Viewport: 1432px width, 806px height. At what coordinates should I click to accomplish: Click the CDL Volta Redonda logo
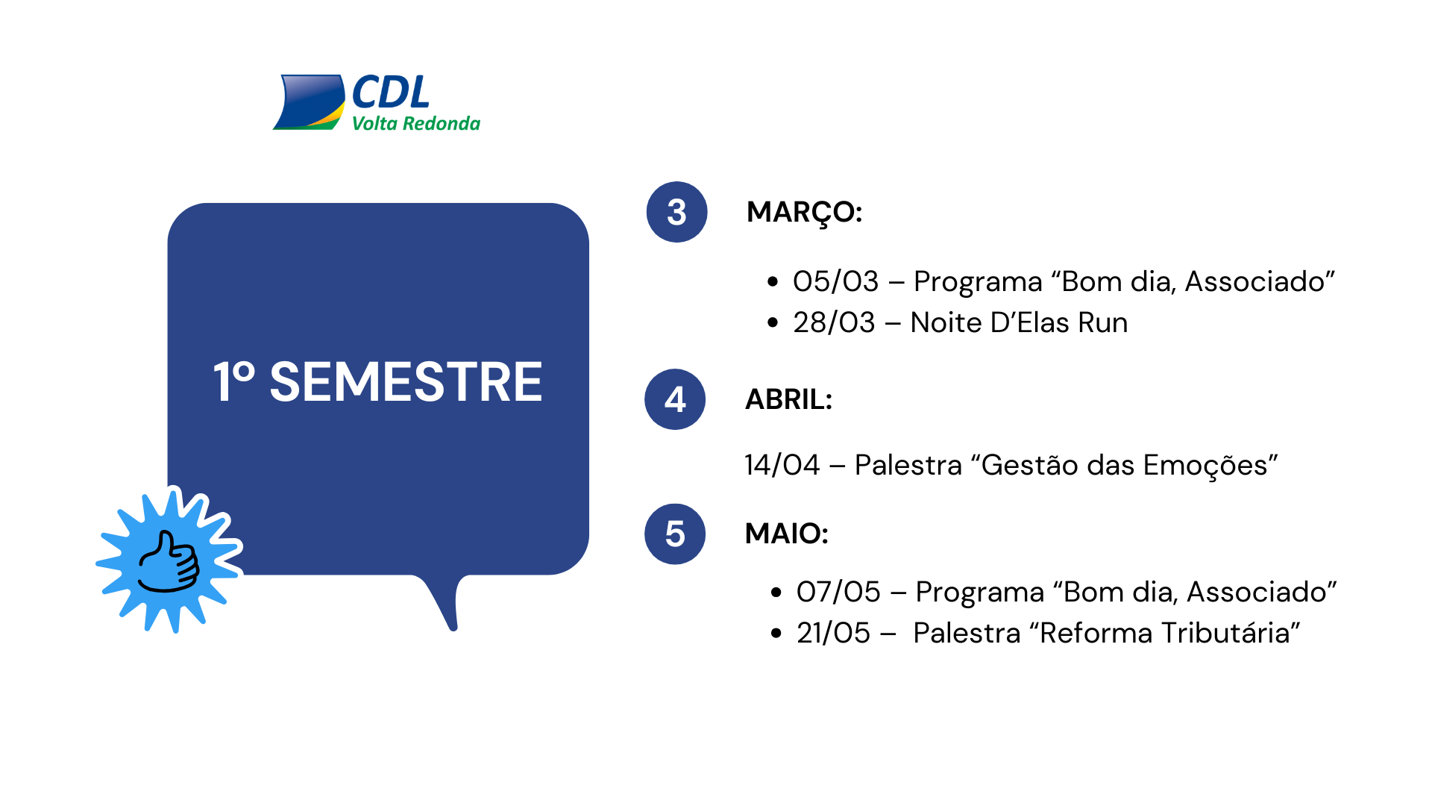pos(377,102)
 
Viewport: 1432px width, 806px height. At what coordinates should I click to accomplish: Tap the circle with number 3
pos(676,212)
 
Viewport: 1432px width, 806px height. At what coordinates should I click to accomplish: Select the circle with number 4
pos(675,399)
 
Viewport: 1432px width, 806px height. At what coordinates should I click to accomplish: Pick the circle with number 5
pos(675,534)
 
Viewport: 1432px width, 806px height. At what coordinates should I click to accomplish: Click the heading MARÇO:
pos(804,213)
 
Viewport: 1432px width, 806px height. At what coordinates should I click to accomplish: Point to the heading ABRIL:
pos(788,399)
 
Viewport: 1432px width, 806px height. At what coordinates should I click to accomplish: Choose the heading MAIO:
pos(786,534)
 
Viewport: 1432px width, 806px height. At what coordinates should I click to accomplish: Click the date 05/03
pos(835,281)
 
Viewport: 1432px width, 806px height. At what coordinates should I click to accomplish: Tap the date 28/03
pos(834,322)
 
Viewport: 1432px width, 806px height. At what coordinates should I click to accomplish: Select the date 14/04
pos(782,465)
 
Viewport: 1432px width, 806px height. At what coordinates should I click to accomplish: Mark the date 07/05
pos(838,592)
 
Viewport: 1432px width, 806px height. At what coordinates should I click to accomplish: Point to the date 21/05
pos(833,633)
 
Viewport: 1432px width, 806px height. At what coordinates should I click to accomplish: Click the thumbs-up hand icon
pos(170,562)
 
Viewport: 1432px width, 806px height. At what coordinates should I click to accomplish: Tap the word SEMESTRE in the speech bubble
pos(406,382)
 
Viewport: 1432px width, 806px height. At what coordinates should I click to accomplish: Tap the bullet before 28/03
pos(773,322)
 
